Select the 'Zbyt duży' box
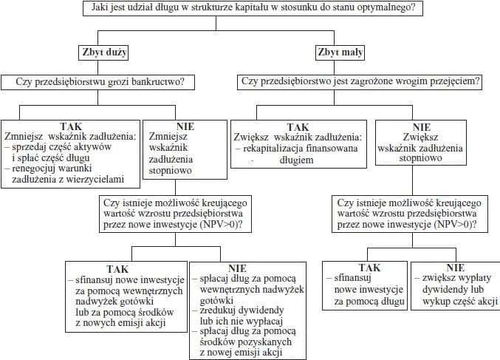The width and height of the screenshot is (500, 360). pyautogui.click(x=104, y=52)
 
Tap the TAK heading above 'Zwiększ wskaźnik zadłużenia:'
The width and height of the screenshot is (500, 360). pyautogui.click(x=298, y=126)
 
